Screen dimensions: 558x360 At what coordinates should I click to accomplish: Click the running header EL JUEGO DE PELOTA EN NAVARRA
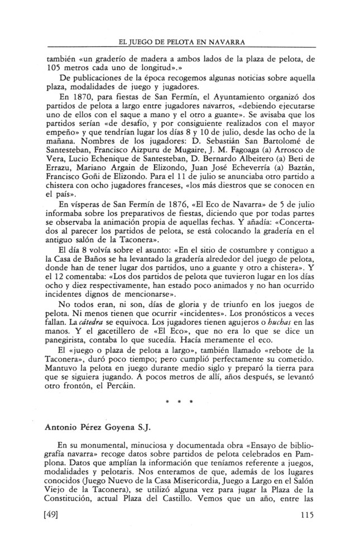[179, 42]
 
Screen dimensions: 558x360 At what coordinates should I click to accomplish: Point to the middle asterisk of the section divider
[180, 401]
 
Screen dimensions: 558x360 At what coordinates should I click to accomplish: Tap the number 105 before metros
[53, 67]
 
